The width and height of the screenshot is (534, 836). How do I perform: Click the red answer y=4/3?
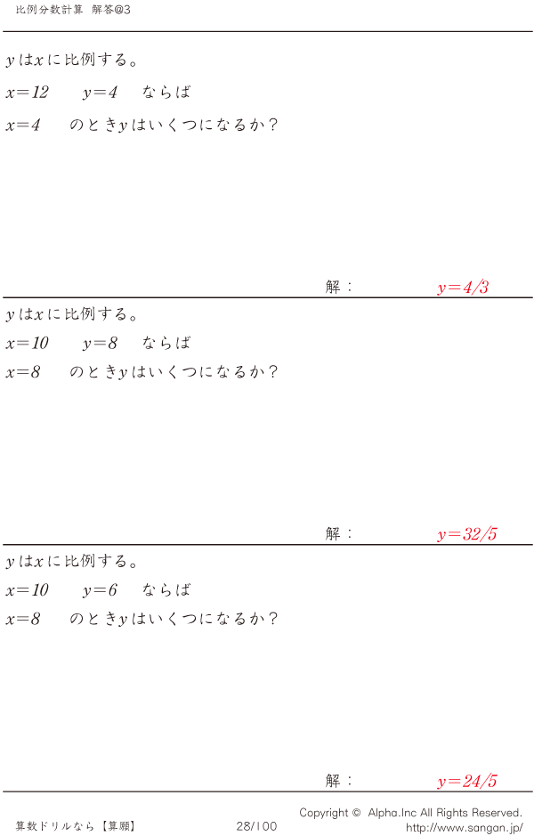[x=463, y=288]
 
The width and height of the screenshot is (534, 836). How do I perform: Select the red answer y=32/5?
[x=467, y=534]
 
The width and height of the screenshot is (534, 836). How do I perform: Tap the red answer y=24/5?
[x=467, y=782]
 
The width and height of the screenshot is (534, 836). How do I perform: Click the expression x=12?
[x=27, y=93]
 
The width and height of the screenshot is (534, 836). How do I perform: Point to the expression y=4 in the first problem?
[x=100, y=93]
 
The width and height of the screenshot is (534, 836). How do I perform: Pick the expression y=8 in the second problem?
[x=100, y=344]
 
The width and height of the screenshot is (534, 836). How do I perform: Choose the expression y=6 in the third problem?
[x=100, y=590]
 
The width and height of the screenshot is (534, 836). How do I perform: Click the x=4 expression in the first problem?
[x=23, y=126]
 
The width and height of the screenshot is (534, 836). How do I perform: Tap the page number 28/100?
[x=256, y=826]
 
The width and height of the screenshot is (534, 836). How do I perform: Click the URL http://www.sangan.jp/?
[x=464, y=827]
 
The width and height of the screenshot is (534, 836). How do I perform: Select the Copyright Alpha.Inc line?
[x=410, y=812]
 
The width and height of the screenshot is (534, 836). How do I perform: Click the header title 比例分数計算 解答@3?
[x=73, y=9]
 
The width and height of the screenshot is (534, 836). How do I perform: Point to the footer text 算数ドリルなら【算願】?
[x=76, y=826]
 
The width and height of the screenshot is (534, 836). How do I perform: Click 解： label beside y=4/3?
[x=339, y=287]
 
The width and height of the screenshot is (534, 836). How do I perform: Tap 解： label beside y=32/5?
[x=339, y=533]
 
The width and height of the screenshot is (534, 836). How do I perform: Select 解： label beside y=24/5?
[x=339, y=781]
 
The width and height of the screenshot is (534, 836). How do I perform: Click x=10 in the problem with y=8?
[x=27, y=344]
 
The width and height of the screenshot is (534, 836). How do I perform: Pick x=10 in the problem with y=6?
[x=27, y=590]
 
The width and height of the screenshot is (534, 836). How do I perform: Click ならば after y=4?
[x=166, y=93]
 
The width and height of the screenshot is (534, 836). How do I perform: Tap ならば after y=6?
[x=166, y=590]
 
